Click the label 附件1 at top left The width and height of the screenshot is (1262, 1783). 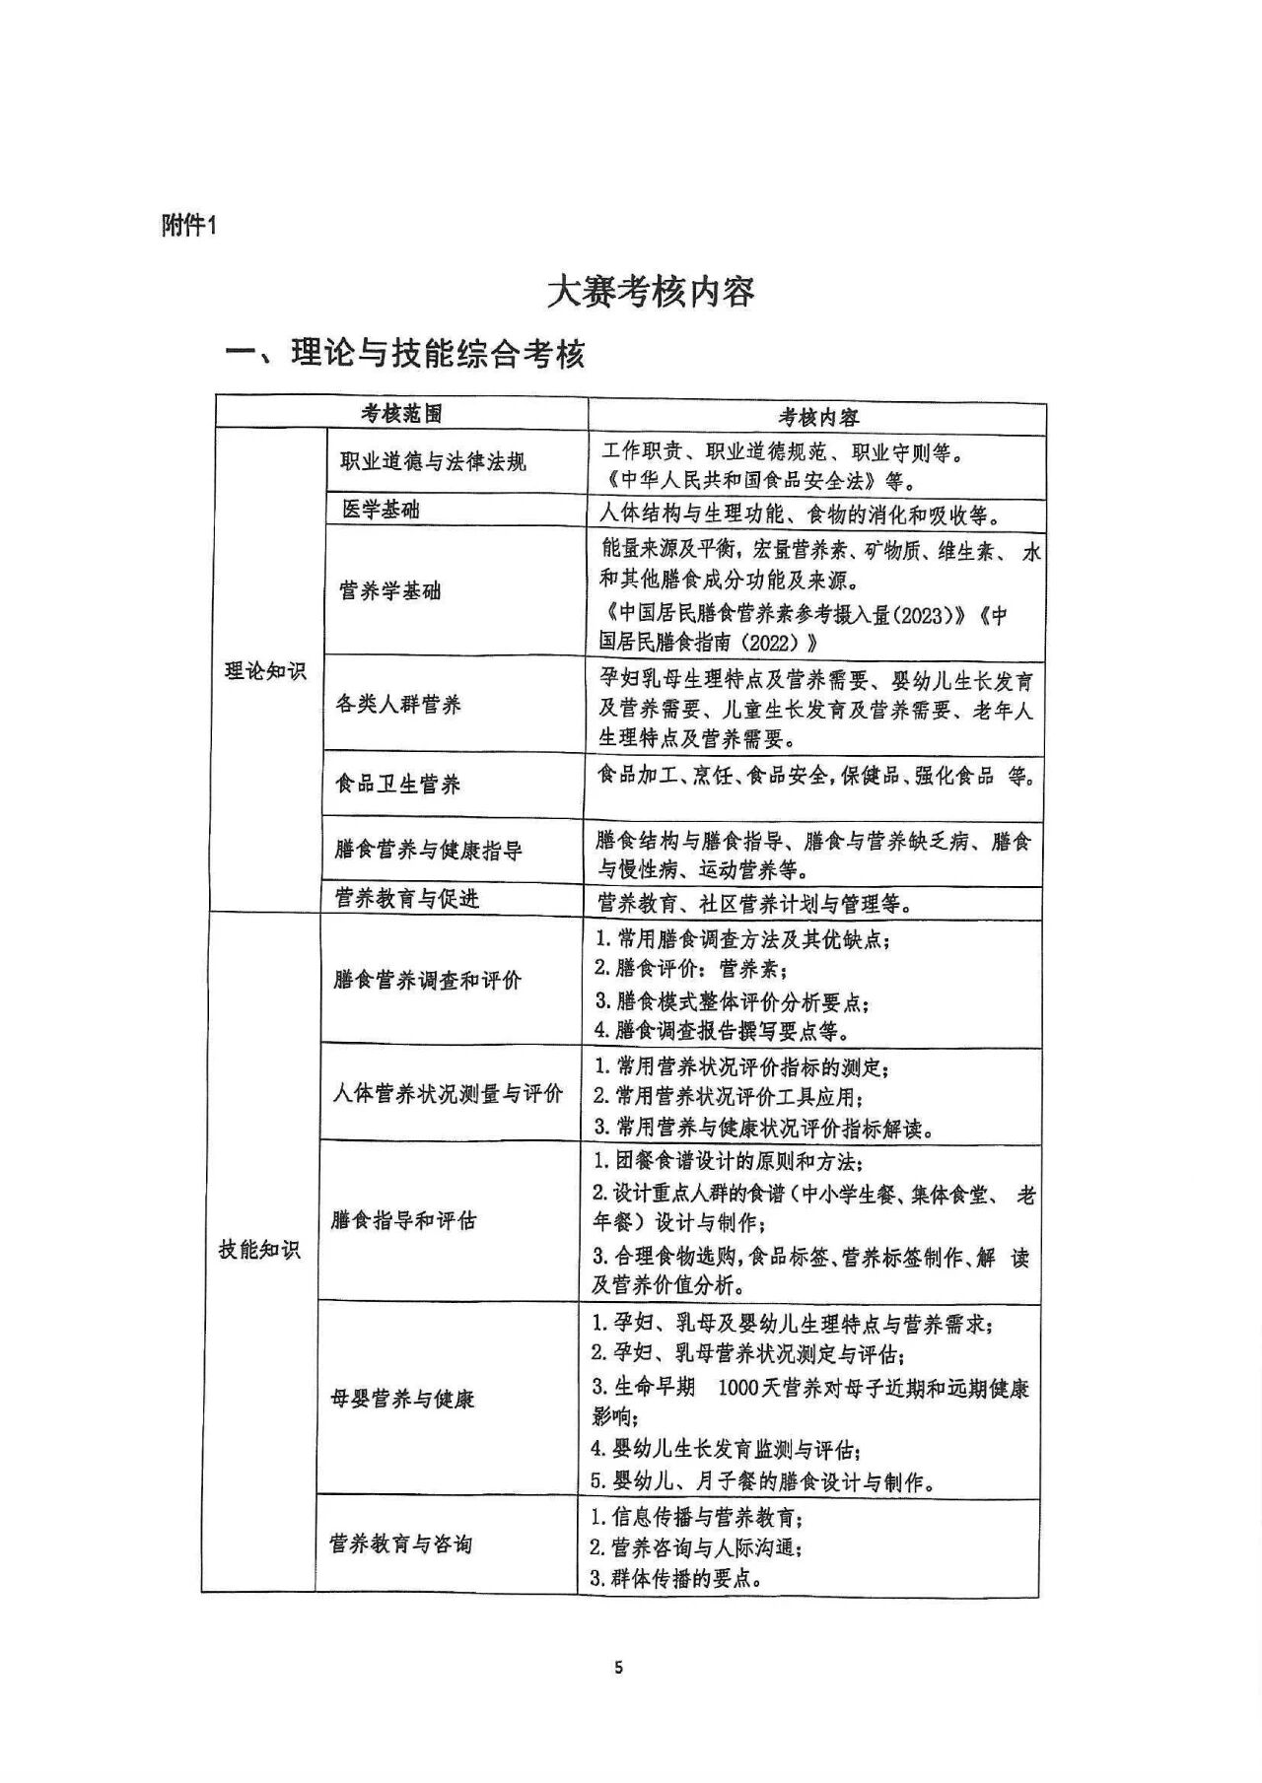pos(188,226)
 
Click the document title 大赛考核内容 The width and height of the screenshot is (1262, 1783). pos(652,293)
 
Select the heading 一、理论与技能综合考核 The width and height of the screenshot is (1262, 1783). pos(406,354)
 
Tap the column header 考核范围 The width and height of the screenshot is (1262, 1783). pos(401,414)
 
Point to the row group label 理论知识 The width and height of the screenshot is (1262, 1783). pos(265,671)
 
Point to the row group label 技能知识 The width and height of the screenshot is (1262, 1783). pos(259,1250)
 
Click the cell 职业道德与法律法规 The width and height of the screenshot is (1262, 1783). pos(434,461)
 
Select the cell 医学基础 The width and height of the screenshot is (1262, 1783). pos(381,510)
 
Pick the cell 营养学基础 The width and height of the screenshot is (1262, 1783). pos(390,591)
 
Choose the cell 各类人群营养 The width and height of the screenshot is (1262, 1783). pos(398,705)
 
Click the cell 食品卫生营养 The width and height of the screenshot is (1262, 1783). pos(398,785)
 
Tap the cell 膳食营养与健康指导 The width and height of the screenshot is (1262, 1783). pos(429,850)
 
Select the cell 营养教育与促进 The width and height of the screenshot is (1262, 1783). pos(406,898)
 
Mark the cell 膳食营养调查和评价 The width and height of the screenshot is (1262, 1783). pos(428,980)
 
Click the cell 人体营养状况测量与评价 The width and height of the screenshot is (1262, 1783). pos(448,1093)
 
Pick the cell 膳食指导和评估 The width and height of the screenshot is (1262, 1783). pos(403,1220)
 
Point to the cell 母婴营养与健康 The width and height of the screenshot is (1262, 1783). pos(402,1399)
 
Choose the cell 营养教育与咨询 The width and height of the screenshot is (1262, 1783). pos(400,1543)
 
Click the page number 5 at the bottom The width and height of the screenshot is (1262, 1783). pos(618,1668)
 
